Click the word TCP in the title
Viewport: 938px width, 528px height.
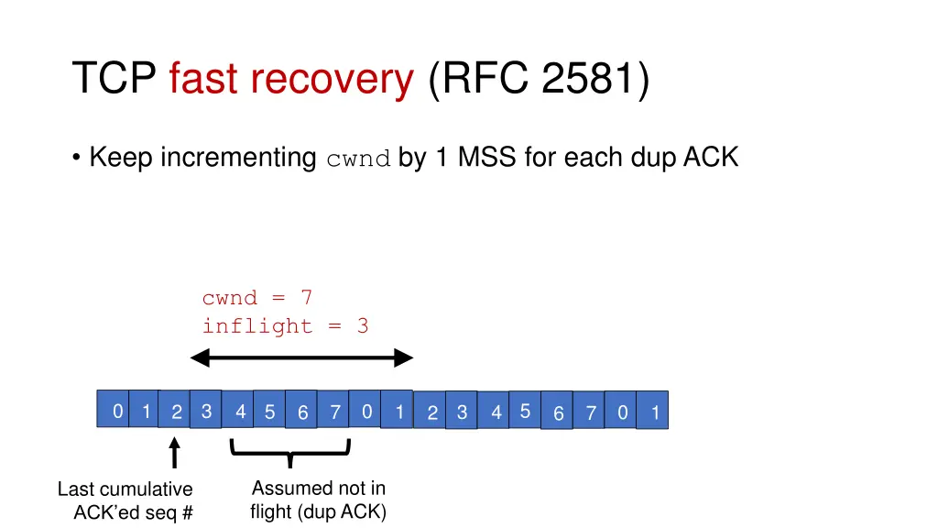pyautogui.click(x=115, y=79)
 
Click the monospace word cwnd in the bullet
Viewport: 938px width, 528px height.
pyautogui.click(x=359, y=159)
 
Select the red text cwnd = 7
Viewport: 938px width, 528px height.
pyautogui.click(x=257, y=298)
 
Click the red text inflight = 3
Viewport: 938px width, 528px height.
pyautogui.click(x=285, y=326)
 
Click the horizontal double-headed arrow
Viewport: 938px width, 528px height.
pyautogui.click(x=301, y=358)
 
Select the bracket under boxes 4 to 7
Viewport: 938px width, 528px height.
pyautogui.click(x=290, y=449)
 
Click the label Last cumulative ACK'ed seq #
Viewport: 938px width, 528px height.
pyautogui.click(x=125, y=500)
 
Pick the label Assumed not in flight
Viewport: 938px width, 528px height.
pyautogui.click(x=318, y=500)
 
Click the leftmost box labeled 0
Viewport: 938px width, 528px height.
pyautogui.click(x=116, y=412)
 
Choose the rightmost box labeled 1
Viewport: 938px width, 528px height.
pyautogui.click(x=654, y=413)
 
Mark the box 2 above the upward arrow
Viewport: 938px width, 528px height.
pyautogui.click(x=176, y=413)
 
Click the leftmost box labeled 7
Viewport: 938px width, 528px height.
pyautogui.click(x=335, y=413)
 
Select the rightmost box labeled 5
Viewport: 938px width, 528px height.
pyautogui.click(x=524, y=412)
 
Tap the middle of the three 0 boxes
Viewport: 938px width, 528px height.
pyautogui.click(x=365, y=412)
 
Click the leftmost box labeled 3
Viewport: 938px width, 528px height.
pyautogui.click(x=206, y=412)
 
